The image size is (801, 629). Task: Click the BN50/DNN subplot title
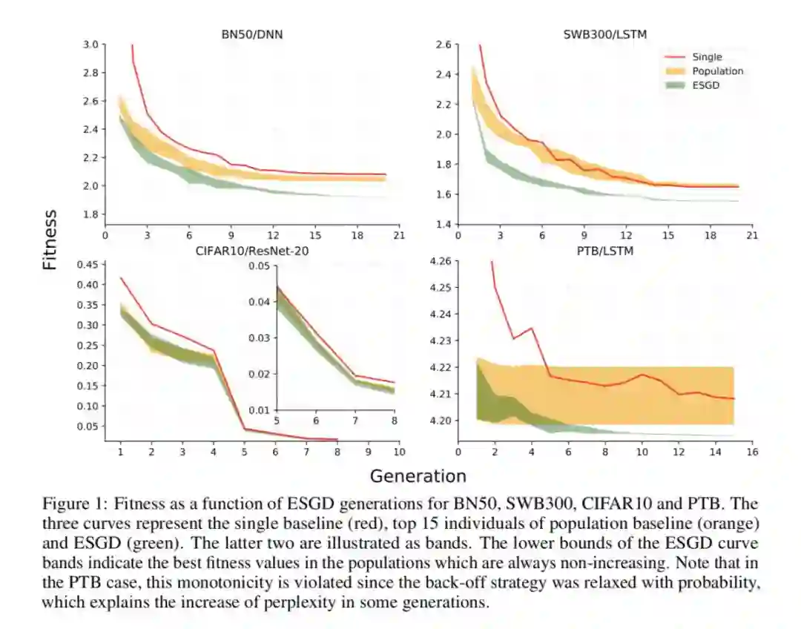point(253,34)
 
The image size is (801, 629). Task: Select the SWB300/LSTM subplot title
point(604,34)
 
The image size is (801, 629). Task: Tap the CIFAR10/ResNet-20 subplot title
point(252,251)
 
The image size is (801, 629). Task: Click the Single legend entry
point(706,56)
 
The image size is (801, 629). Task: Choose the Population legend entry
point(716,71)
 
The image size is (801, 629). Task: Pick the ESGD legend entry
point(705,85)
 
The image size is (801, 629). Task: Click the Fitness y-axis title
point(49,240)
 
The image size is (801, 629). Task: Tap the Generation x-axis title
point(418,475)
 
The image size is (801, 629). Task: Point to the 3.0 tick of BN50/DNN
point(90,45)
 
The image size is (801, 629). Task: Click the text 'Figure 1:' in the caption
point(67,503)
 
